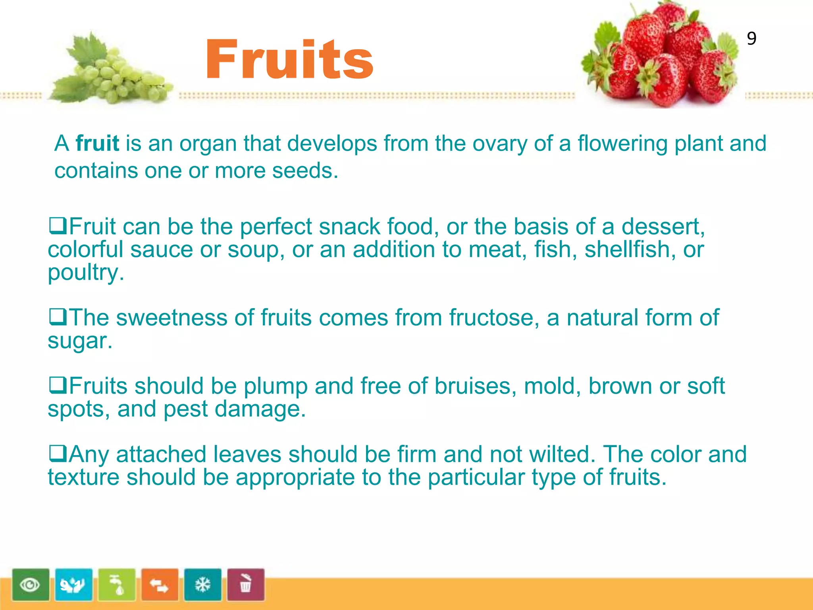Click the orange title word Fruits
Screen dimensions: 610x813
coord(289,60)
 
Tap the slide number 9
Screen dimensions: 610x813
coord(751,39)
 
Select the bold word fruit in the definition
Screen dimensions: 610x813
coord(97,143)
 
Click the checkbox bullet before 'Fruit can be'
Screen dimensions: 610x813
coord(58,225)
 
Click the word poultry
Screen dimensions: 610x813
coord(86,273)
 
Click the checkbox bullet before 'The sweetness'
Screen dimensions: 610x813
coord(58,317)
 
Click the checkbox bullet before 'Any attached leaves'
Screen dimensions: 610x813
coord(58,453)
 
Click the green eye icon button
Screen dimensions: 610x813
coord(31,585)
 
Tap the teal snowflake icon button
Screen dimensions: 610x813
coord(202,585)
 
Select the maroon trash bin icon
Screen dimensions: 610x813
coord(246,585)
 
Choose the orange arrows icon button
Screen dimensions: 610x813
coord(160,585)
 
